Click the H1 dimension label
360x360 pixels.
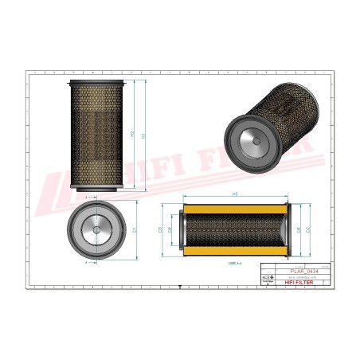144,136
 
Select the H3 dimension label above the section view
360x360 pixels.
236,194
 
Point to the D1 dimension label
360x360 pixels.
136,230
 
